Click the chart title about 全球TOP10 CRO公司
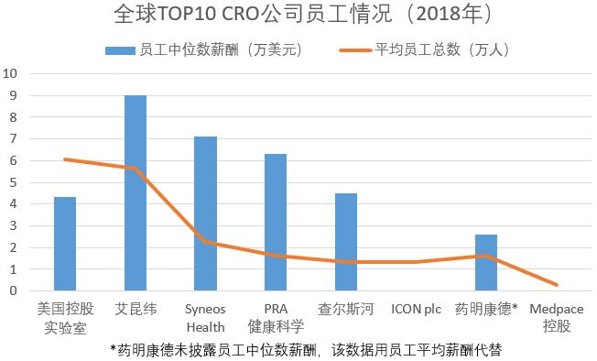[298, 16]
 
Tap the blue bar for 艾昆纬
[136, 192]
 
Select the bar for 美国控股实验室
[65, 244]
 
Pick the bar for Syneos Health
[205, 213]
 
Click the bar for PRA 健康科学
[276, 222]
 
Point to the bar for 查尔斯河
[346, 242]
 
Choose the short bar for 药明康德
[486, 262]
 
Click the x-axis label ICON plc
[416, 310]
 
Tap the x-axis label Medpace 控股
[557, 317]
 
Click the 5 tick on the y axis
[12, 182]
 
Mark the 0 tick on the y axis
[12, 291]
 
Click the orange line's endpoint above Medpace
[556, 285]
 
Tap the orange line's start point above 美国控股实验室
[65, 159]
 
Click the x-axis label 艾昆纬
[136, 310]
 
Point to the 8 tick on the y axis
[12, 117]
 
